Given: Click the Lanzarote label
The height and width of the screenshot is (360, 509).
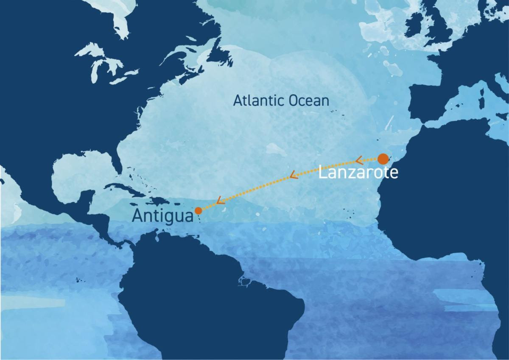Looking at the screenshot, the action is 358,173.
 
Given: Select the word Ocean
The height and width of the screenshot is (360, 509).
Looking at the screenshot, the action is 309,101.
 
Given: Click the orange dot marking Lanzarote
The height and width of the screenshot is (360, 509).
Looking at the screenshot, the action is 383,159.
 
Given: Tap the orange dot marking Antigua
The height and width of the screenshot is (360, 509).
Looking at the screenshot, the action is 198,210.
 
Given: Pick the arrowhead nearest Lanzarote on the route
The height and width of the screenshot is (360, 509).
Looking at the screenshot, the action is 358,160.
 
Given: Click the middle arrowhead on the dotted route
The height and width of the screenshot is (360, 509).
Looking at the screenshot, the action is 293,175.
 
